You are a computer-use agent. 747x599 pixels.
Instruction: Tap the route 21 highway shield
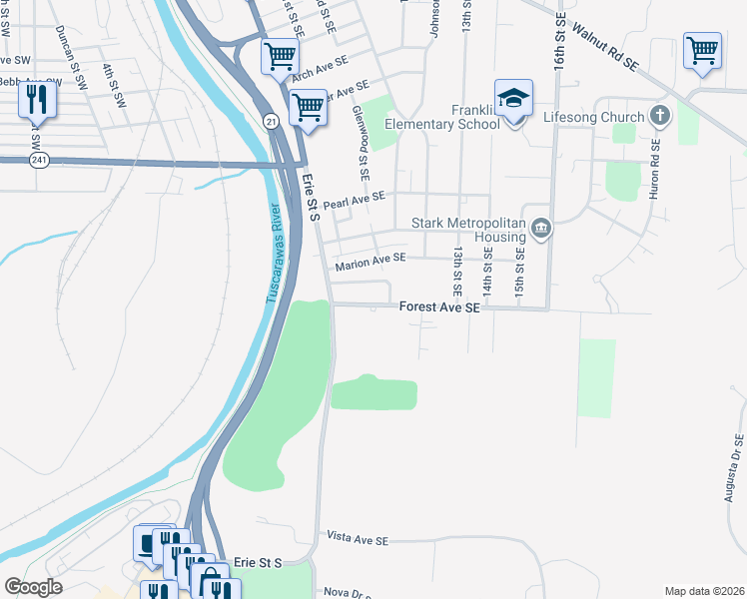point(271,120)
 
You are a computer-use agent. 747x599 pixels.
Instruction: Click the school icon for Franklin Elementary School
point(513,99)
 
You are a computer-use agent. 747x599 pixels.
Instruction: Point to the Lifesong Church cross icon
point(659,117)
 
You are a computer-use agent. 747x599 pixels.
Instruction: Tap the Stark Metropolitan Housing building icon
point(541,229)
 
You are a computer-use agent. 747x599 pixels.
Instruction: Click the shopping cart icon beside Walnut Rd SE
point(702,49)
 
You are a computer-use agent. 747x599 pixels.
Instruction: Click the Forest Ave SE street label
point(439,308)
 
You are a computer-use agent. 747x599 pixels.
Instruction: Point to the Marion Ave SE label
point(371,262)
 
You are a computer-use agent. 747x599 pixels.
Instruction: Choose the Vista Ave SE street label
point(358,540)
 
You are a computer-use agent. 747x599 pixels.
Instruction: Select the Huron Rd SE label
point(655,168)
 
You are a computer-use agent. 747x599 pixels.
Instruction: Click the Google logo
point(34,588)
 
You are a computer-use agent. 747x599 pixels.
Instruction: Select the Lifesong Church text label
point(593,118)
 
